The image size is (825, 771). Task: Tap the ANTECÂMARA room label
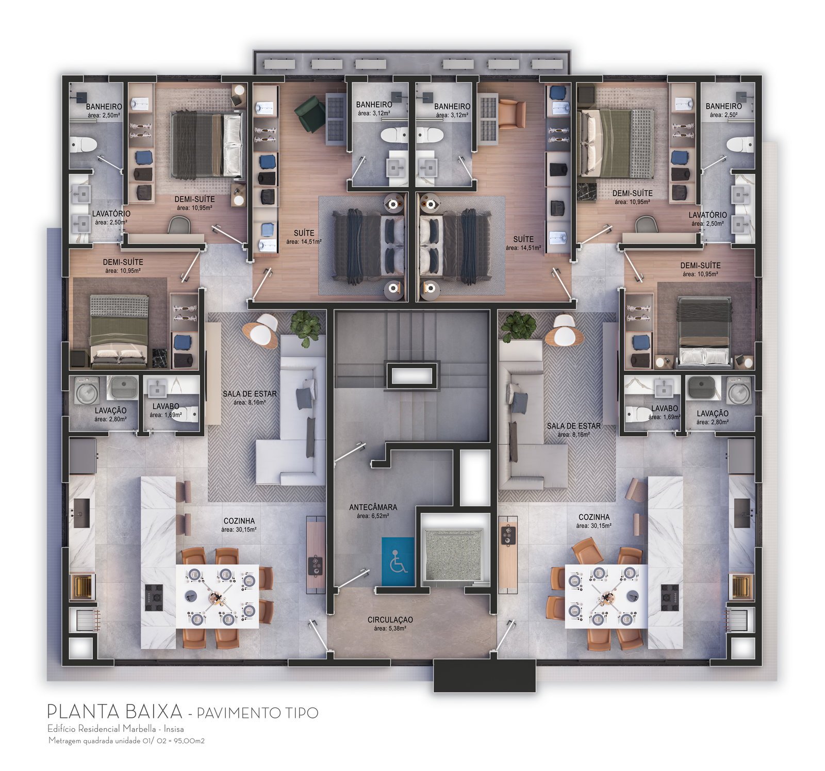[373, 507]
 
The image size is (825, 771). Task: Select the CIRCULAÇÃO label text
[390, 620]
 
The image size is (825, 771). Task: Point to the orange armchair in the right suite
[512, 114]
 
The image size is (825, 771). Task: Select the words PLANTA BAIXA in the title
[115, 712]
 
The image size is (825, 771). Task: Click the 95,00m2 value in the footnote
[190, 741]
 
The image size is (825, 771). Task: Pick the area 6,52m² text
[373, 515]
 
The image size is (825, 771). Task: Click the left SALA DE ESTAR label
[250, 394]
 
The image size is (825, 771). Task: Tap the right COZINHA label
[594, 517]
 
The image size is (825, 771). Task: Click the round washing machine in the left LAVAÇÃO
[87, 392]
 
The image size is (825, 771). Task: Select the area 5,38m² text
[390, 628]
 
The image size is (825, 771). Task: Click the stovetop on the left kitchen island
[154, 598]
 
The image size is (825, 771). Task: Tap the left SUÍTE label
[304, 233]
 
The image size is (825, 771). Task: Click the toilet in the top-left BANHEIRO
[84, 144]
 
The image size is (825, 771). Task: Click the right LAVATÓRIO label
[707, 215]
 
